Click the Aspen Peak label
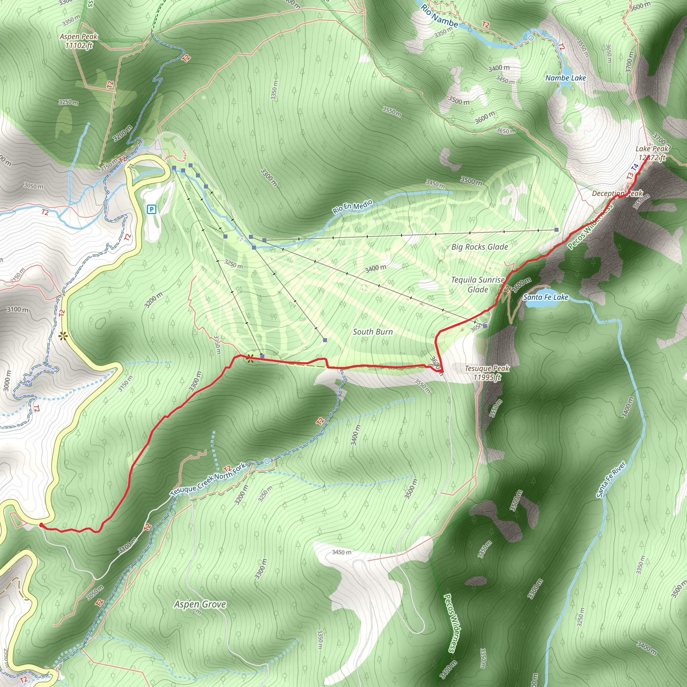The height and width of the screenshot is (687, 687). click(78, 41)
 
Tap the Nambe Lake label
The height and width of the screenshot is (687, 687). click(565, 78)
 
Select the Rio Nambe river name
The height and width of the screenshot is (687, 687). click(439, 16)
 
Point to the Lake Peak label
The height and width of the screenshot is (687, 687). click(652, 153)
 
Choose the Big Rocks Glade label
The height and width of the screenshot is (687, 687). click(479, 247)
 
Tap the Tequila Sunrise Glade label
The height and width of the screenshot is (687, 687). click(478, 284)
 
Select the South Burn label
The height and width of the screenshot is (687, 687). click(373, 332)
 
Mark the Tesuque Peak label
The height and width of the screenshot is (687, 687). click(487, 372)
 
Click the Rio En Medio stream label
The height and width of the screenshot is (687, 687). click(353, 206)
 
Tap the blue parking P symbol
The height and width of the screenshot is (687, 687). click(152, 209)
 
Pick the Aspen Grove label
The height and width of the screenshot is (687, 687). click(200, 604)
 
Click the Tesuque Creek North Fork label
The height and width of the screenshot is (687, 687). click(208, 479)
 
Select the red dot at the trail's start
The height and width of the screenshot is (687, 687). click(41, 525)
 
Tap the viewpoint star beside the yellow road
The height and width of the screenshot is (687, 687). click(63, 336)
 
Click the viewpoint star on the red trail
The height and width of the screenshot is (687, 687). click(250, 359)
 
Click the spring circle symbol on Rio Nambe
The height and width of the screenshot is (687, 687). click(531, 38)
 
